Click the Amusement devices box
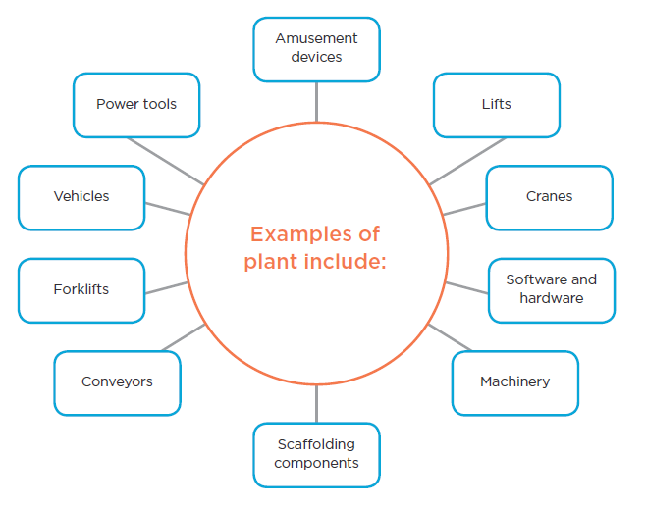pyautogui.click(x=316, y=48)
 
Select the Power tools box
pyautogui.click(x=136, y=105)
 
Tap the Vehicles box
pyautogui.click(x=81, y=197)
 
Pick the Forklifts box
pyautogui.click(x=81, y=290)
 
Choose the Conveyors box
pyautogui.click(x=117, y=382)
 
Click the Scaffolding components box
pyautogui.click(x=316, y=454)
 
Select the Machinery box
pyautogui.click(x=514, y=382)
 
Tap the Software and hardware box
pyautogui.click(x=551, y=289)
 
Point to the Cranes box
pyautogui.click(x=549, y=197)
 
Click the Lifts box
pyautogui.click(x=497, y=105)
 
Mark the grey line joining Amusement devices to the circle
pyautogui.click(x=316, y=100)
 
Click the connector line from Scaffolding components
pyautogui.click(x=316, y=403)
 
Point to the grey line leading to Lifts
pyautogui.click(x=467, y=160)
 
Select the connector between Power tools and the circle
pyautogui.click(x=166, y=160)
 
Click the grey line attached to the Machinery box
pyautogui.click(x=451, y=336)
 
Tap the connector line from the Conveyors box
pyautogui.click(x=183, y=336)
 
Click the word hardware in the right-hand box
pyautogui.click(x=552, y=298)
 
